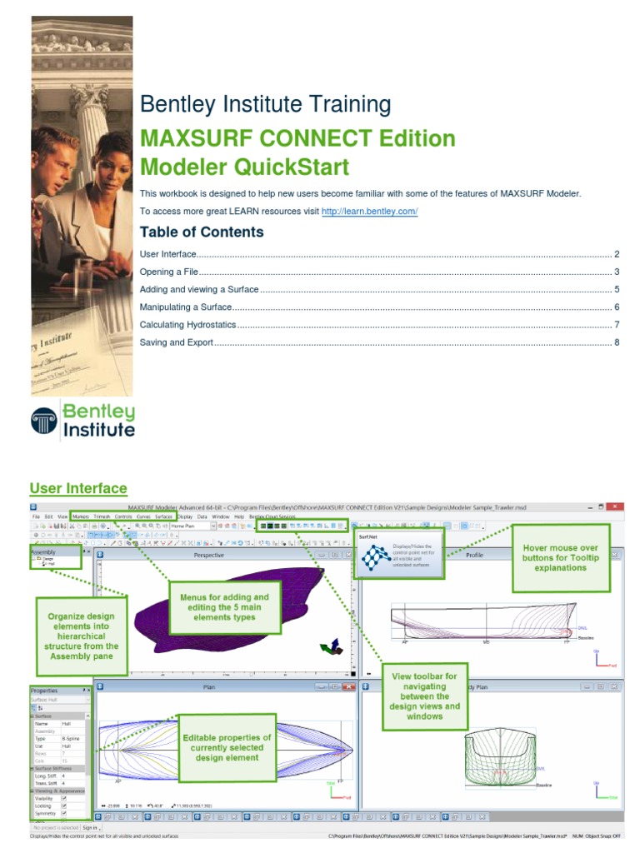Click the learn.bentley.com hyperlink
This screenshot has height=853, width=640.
pos(369,212)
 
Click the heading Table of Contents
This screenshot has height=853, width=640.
pos(202,232)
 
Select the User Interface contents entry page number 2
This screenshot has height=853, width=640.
pos(617,254)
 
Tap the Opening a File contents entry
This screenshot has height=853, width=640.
pos(168,272)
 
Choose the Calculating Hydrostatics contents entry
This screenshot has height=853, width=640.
pos(187,325)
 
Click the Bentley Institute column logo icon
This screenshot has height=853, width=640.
pos(44,420)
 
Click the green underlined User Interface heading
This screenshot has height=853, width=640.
pos(78,488)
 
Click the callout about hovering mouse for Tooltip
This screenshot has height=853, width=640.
pos(561,558)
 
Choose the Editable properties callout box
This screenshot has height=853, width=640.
pos(227,747)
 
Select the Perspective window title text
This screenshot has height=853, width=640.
pos(208,555)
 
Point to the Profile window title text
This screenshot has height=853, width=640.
pos(474,555)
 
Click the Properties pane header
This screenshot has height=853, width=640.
pos(45,691)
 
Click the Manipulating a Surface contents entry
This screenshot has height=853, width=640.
pos(186,307)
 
